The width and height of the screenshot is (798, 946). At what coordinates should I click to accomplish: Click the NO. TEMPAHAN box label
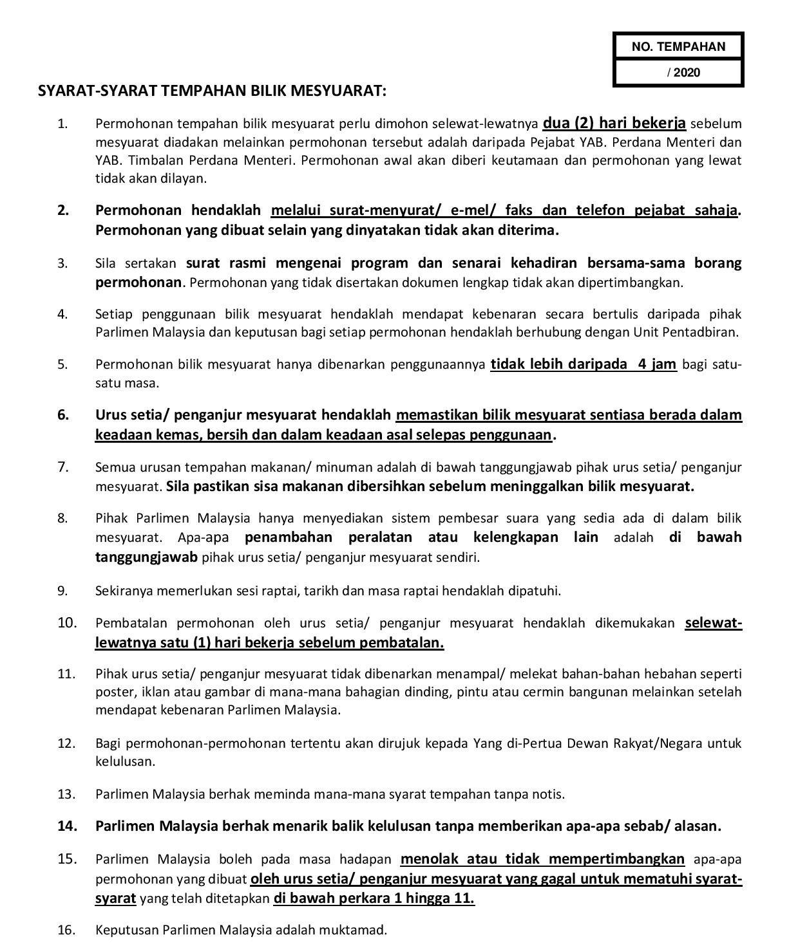pos(678,46)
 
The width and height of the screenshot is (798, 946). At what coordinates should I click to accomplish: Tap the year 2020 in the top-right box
pos(687,73)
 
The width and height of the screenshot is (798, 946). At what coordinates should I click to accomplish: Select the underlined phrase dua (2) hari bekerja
pos(614,123)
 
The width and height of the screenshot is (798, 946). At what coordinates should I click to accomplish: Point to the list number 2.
pos(62,210)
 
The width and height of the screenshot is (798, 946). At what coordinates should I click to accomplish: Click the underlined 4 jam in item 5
pos(656,364)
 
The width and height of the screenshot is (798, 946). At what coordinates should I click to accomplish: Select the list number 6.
pos(62,415)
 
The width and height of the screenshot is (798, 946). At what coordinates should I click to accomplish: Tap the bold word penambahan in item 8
pos(289,537)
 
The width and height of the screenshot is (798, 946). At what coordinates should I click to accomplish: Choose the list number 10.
pos(67,623)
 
